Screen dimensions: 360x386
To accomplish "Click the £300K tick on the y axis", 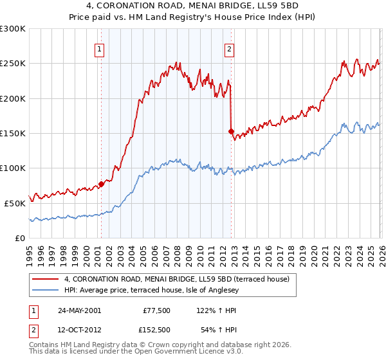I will pos(13,29).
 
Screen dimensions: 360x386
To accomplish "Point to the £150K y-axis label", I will pos(13,134).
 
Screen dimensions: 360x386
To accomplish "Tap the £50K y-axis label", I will pos(15,203).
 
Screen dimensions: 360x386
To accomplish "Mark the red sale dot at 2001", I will pos(101,184).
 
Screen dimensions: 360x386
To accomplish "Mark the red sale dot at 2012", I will pos(230,131).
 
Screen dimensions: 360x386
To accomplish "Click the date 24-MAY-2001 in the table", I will pos(79,310).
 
